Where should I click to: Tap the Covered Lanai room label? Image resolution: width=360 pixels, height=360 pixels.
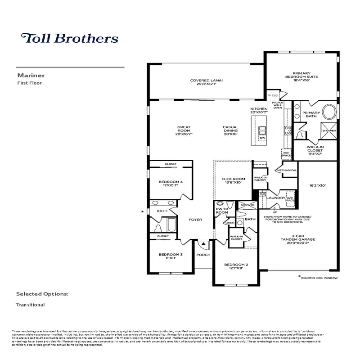click(207, 82)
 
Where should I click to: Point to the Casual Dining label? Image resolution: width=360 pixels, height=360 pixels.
click(230, 130)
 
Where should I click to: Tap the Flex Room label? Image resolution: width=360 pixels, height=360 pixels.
click(233, 180)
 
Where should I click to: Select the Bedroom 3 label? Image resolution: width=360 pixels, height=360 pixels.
click(170, 256)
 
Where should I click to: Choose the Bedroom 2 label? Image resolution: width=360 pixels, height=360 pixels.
click(236, 266)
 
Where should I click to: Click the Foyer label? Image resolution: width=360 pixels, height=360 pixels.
click(195, 220)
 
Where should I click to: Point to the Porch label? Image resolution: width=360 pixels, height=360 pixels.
click(203, 255)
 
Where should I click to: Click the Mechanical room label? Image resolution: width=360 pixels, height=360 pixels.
click(287, 171)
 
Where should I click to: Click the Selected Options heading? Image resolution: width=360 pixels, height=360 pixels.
click(42, 294)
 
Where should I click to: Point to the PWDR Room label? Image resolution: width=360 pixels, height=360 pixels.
click(222, 211)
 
